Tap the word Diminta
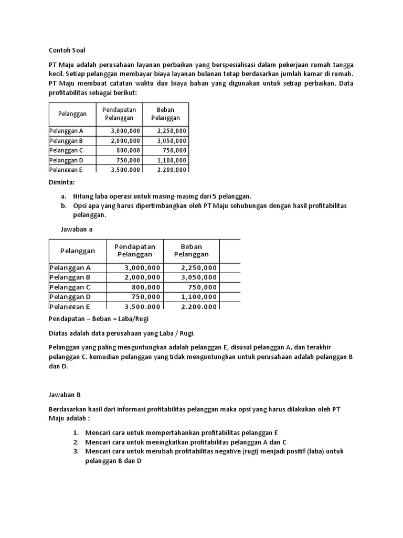(61, 182)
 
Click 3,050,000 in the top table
(171, 141)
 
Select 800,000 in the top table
(129, 150)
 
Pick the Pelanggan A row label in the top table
(66, 131)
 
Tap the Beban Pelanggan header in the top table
(165, 114)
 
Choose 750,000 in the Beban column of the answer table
(203, 287)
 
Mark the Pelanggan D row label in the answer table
(70, 297)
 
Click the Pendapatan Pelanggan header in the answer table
(135, 250)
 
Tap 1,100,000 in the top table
(171, 160)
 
